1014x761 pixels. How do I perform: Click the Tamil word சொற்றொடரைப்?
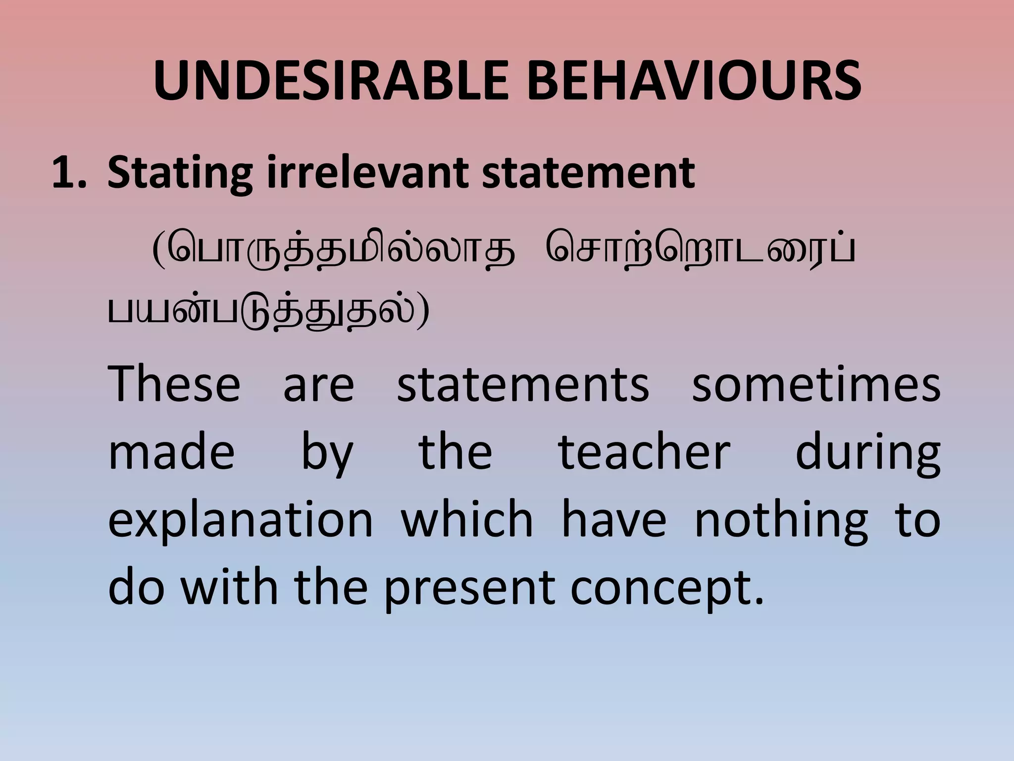click(700, 253)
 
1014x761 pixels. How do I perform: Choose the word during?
click(867, 454)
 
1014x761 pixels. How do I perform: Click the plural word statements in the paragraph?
click(523, 385)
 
